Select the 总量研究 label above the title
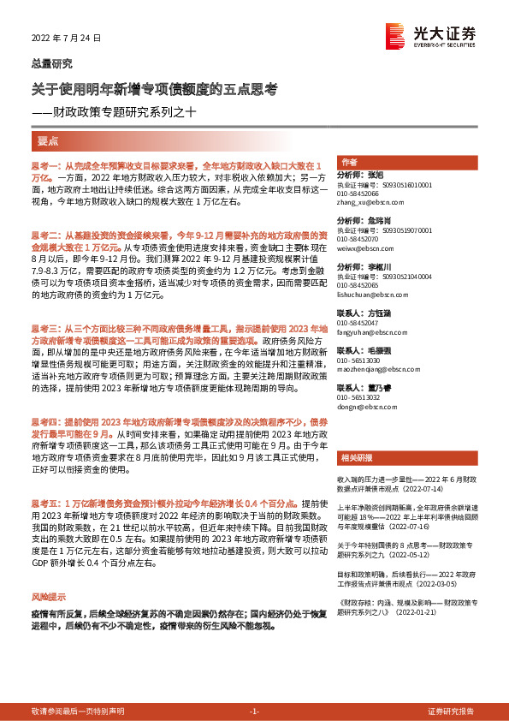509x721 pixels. [x=50, y=63]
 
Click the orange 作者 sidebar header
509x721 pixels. [x=349, y=162]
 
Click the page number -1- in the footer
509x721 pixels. [x=253, y=712]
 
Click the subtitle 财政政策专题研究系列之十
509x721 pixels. [x=127, y=110]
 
